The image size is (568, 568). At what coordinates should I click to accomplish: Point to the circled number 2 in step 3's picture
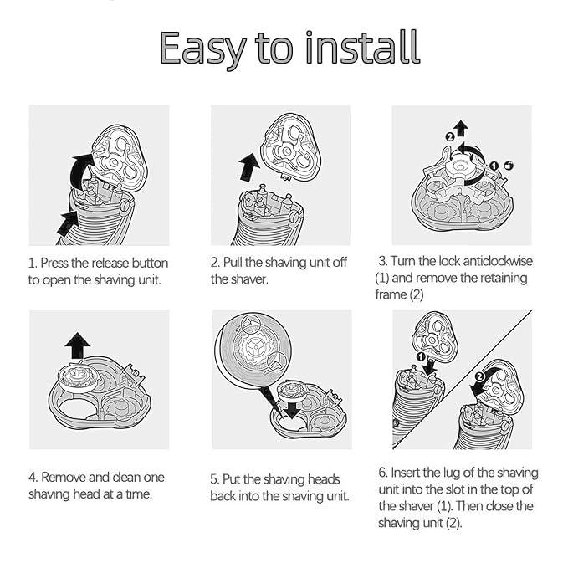point(449,137)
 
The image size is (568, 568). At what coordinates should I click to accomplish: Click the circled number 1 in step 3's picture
point(494,166)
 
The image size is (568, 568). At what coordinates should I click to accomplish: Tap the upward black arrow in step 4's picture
point(78,345)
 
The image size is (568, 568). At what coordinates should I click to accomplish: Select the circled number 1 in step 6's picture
point(421,357)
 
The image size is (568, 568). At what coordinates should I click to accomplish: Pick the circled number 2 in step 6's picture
point(479,376)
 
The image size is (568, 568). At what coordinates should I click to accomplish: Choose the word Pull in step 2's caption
point(233,263)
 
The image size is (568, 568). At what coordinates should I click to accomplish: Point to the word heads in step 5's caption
point(323,479)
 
